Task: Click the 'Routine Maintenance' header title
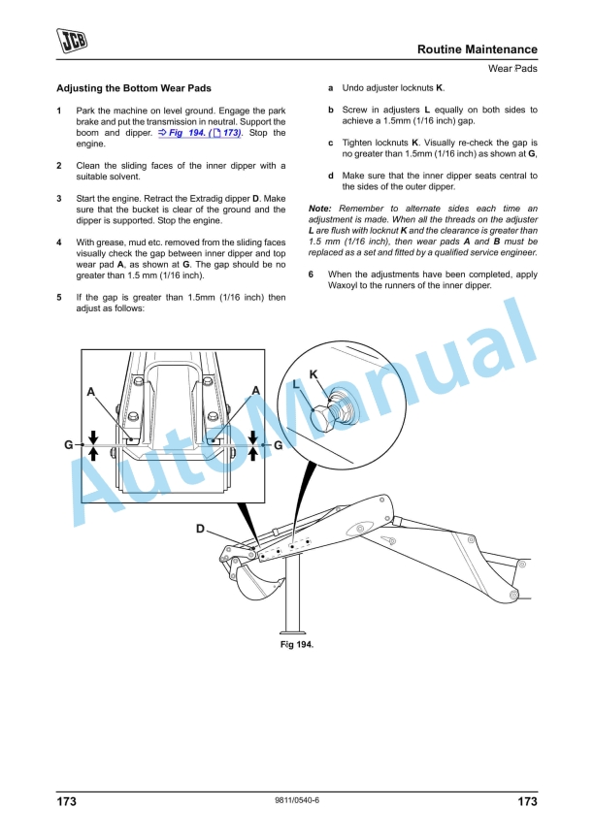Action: [x=477, y=49]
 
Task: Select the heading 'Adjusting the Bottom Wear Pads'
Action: [x=134, y=88]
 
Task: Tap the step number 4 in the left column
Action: [x=60, y=242]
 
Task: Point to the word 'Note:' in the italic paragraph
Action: [x=319, y=209]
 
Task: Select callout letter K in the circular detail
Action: [x=313, y=374]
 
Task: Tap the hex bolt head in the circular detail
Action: [x=323, y=418]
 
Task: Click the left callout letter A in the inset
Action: [x=90, y=392]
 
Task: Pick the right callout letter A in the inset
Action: [x=255, y=390]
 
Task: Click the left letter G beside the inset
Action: [x=68, y=445]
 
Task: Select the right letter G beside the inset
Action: [x=278, y=445]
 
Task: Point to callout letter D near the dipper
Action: [x=200, y=529]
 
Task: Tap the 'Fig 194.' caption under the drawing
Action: [x=297, y=644]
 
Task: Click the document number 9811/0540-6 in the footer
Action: [x=297, y=800]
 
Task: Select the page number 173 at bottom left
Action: [x=66, y=802]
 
